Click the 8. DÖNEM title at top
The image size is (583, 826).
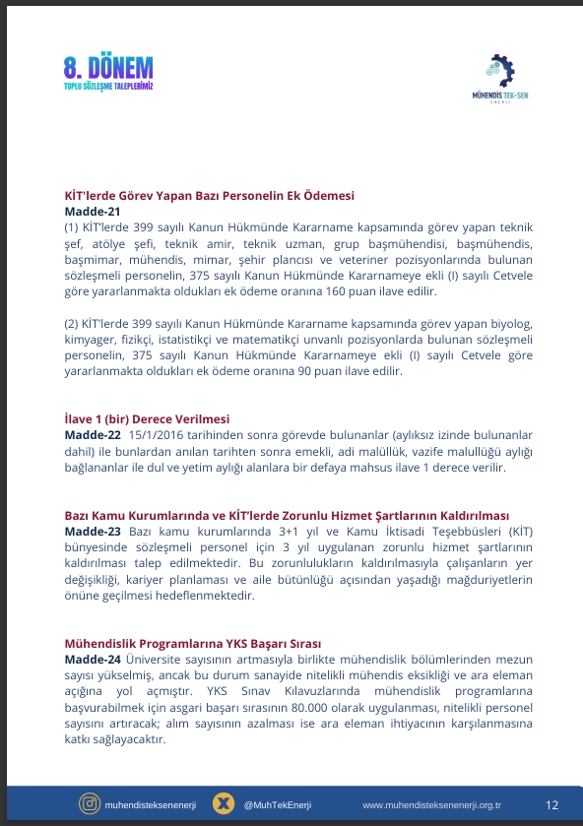(x=108, y=68)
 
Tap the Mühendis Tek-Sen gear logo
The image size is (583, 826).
(x=500, y=71)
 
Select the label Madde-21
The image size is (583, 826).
(x=93, y=212)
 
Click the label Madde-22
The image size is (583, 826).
(x=93, y=434)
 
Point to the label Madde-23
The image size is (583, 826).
(x=93, y=532)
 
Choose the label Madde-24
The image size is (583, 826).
(x=93, y=658)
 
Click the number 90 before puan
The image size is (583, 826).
(x=313, y=372)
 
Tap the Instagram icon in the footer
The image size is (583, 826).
(x=91, y=804)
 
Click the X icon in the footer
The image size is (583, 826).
(x=225, y=804)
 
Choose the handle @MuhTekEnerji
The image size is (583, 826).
(x=277, y=805)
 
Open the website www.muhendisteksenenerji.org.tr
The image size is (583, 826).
(x=431, y=805)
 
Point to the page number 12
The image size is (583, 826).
(x=551, y=804)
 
